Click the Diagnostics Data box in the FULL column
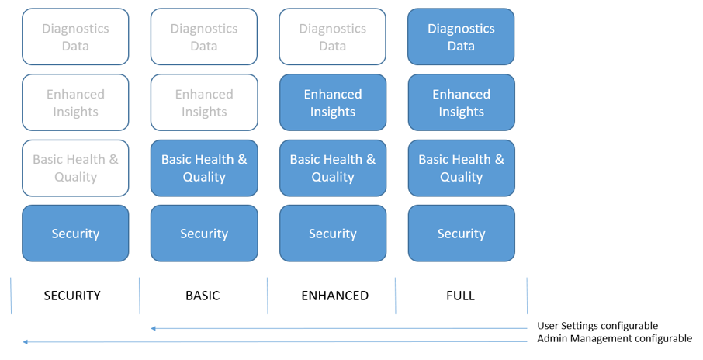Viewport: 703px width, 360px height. coord(461,36)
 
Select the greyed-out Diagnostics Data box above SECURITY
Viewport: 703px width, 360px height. coord(75,36)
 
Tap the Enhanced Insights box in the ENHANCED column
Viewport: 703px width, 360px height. coord(333,102)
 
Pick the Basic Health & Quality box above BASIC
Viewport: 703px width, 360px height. coord(204,168)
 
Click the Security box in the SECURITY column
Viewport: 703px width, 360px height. coord(75,233)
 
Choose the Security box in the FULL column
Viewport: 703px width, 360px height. coord(462,233)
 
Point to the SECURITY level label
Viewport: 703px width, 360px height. coord(72,296)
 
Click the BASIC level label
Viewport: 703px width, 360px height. coord(203,296)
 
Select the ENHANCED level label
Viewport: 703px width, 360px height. coord(335,296)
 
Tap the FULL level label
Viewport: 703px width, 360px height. coord(460,296)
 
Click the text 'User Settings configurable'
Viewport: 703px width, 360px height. coord(597,326)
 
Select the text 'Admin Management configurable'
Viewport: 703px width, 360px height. coord(615,338)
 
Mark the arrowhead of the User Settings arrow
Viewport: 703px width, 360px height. coord(153,329)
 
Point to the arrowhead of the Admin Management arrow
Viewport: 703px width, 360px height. coord(25,342)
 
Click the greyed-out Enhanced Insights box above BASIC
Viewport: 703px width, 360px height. coord(204,102)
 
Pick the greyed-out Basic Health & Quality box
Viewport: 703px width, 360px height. coord(75,168)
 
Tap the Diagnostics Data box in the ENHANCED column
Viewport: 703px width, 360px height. coord(332,36)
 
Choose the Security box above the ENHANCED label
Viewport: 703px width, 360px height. coord(333,233)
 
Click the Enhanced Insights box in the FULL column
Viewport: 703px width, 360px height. coord(462,102)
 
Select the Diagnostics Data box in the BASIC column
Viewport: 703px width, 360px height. coord(204,36)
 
